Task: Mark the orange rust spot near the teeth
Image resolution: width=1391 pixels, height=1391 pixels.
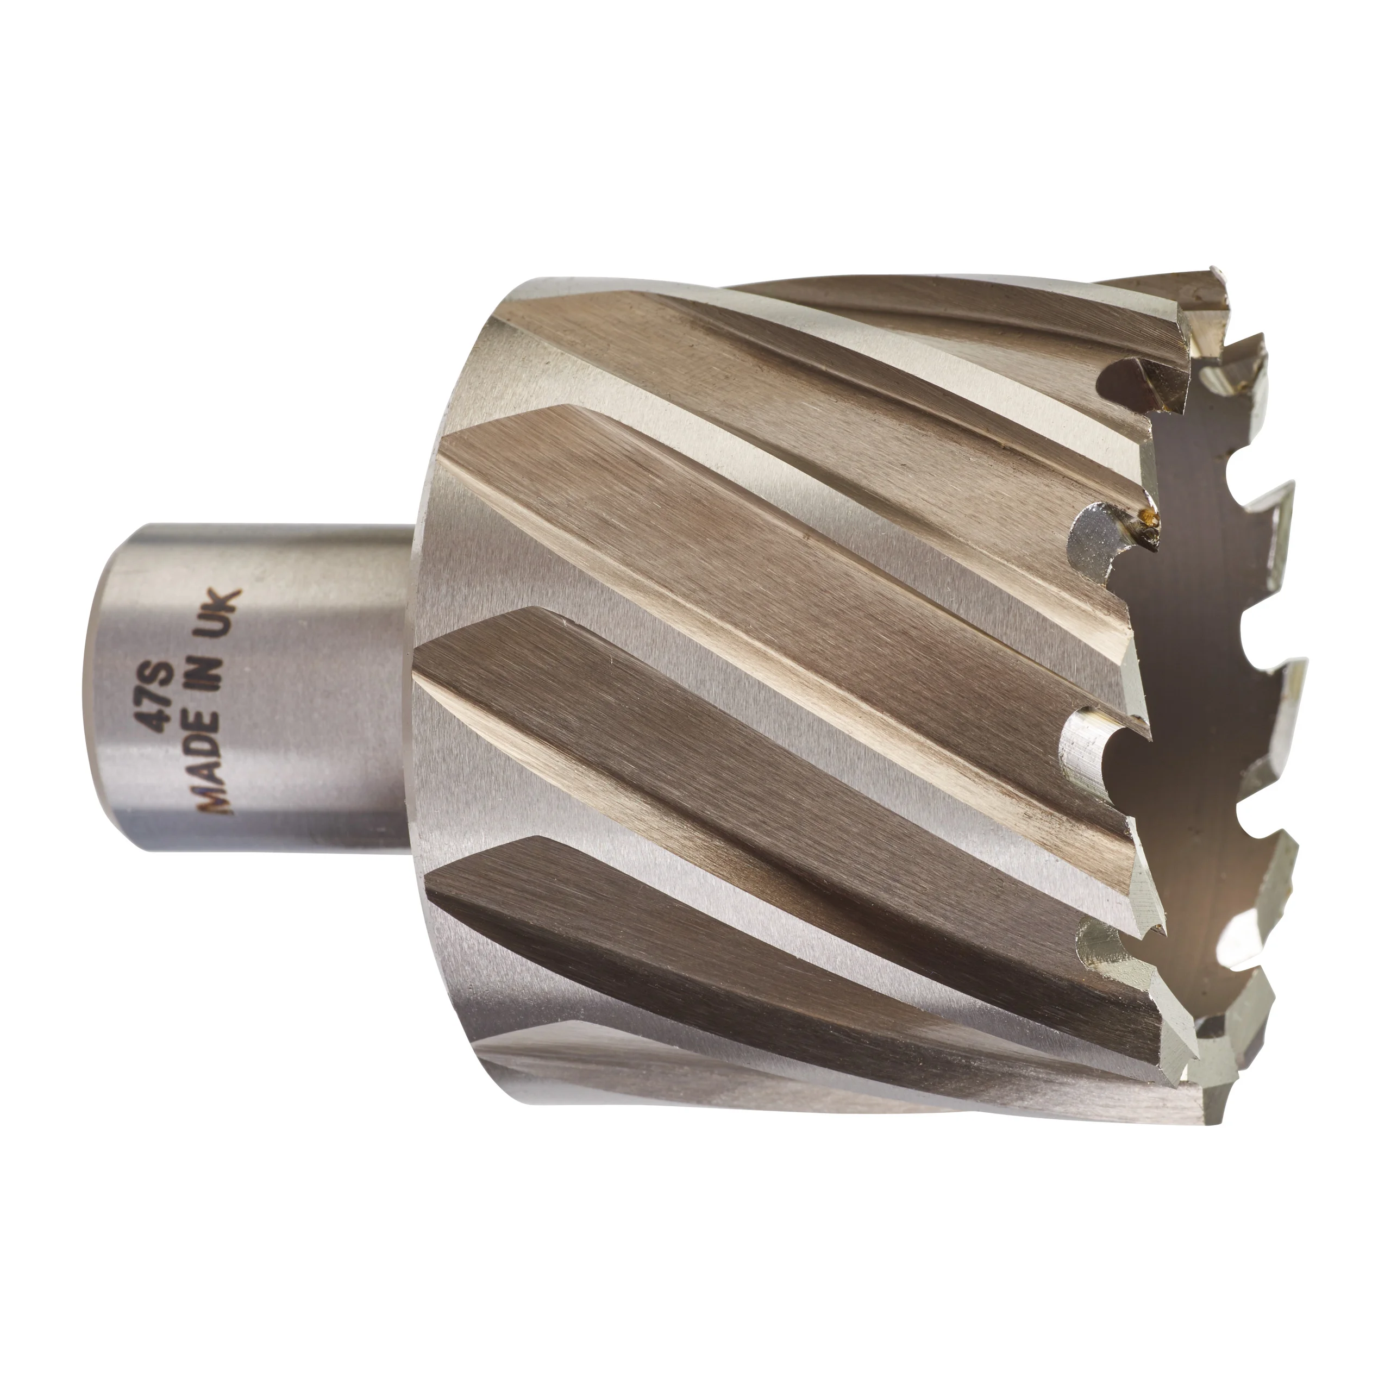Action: pos(1152,514)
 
